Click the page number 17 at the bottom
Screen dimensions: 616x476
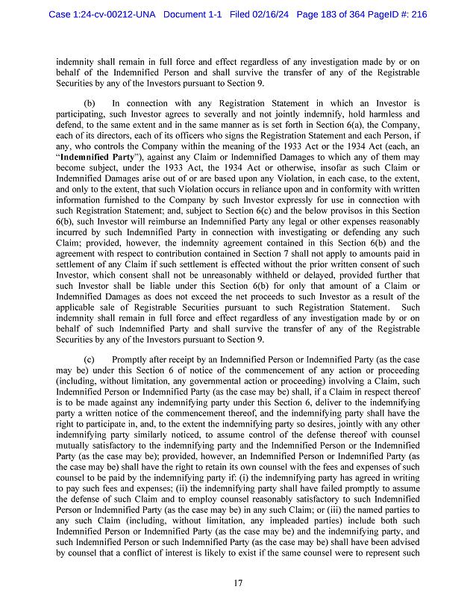coord(237,582)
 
